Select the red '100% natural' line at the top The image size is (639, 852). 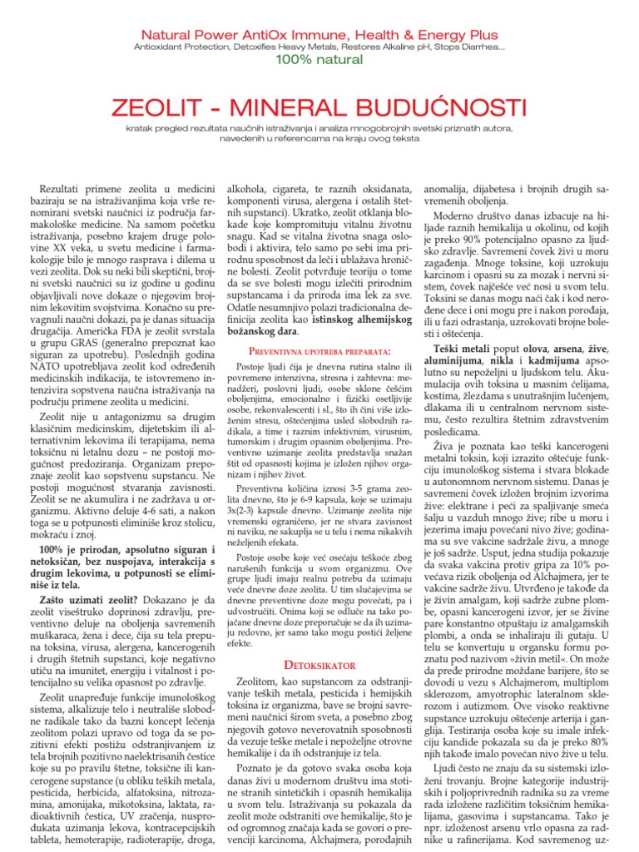(319, 62)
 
